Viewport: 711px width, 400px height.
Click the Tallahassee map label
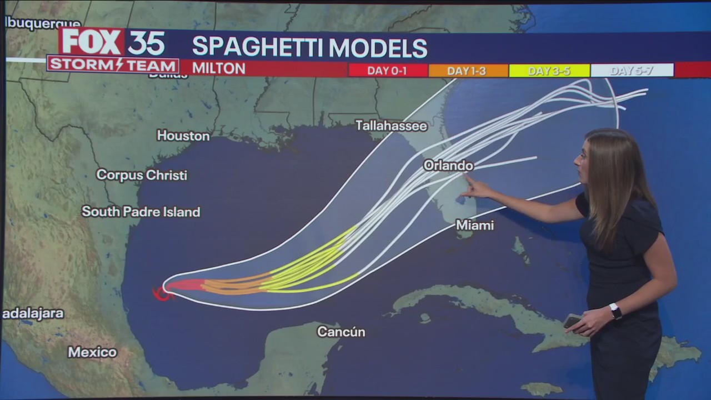click(x=391, y=126)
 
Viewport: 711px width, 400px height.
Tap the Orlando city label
click(x=448, y=166)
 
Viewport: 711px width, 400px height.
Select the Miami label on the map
click(x=474, y=225)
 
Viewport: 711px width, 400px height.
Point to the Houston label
click(x=183, y=136)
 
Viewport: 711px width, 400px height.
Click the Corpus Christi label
click(x=142, y=175)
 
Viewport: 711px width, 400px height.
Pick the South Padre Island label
click(x=141, y=212)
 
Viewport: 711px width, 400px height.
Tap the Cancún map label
click(x=341, y=332)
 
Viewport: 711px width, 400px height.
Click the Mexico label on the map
click(x=92, y=352)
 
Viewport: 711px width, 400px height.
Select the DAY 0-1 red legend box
click(x=388, y=71)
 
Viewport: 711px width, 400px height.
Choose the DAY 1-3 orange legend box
click(x=468, y=71)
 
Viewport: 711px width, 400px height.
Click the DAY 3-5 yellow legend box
click(x=549, y=71)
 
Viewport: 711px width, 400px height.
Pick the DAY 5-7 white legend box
click(x=632, y=71)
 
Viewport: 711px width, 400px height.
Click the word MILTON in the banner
click(x=219, y=68)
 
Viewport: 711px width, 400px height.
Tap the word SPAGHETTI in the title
click(x=258, y=48)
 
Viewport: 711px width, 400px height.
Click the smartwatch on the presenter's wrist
click(x=615, y=311)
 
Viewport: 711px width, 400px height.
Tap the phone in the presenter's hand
click(x=573, y=321)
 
